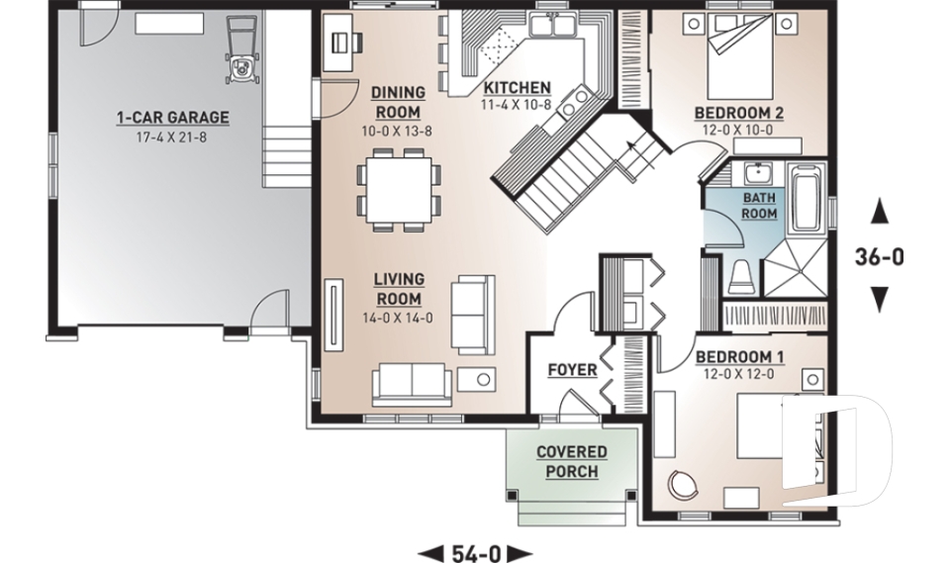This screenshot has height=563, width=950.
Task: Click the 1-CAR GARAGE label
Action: coord(172,118)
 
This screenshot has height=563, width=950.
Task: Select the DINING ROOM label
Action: coord(397,102)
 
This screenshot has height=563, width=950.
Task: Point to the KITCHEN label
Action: coord(517,87)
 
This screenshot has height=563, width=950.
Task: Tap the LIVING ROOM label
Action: coord(399,289)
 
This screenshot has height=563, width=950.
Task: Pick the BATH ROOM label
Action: coord(759,205)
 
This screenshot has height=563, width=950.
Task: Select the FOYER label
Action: coord(572,370)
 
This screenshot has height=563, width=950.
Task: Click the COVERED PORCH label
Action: coord(572,462)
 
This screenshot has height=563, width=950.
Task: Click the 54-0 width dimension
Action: coord(475,553)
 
